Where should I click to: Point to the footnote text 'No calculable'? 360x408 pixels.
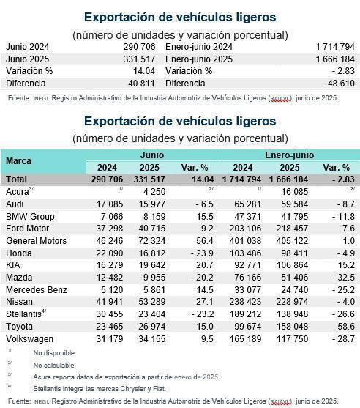point(53,364)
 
